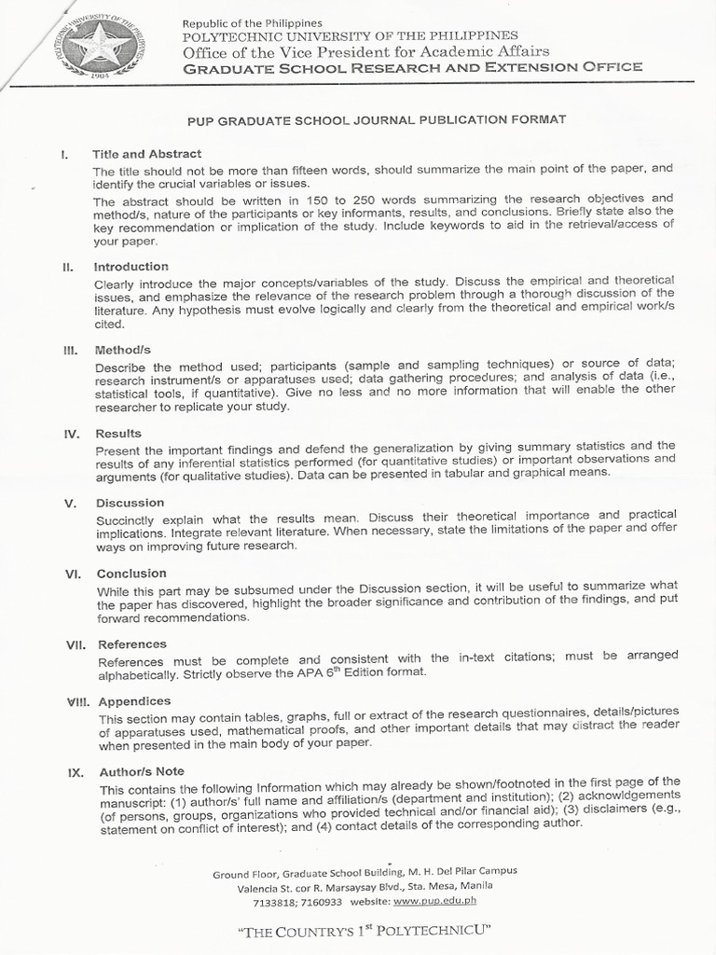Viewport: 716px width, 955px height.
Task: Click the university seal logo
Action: coord(99,45)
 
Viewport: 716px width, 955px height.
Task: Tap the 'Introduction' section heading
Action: coord(131,267)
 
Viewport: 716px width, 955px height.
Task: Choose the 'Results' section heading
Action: coord(117,433)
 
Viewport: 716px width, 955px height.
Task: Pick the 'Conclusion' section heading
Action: coord(131,573)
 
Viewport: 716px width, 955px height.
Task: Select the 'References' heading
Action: coord(132,644)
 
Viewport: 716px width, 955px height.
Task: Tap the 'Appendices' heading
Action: coord(134,701)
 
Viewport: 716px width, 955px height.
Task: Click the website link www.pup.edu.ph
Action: coord(434,902)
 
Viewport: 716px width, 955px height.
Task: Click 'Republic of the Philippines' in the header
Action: coord(252,22)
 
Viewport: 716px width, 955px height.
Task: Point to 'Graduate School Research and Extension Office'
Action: coord(411,67)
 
